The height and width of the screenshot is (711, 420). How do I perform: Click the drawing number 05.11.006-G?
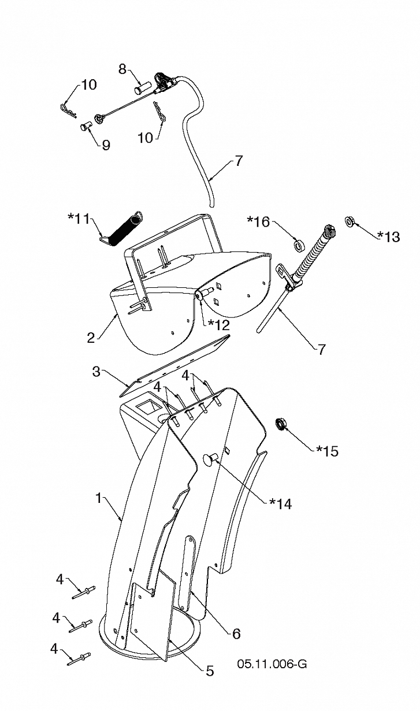(x=272, y=664)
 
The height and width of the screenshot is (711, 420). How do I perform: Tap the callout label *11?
(x=79, y=219)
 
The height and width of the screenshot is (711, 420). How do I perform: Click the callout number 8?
(x=122, y=69)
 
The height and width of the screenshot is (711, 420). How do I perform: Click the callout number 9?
(x=106, y=145)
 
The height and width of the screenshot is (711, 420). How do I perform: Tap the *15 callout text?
(x=327, y=450)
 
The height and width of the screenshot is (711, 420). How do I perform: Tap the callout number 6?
(x=236, y=633)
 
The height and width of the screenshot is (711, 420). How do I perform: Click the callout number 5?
(x=209, y=671)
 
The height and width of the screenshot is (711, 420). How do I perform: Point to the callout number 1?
(x=99, y=497)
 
